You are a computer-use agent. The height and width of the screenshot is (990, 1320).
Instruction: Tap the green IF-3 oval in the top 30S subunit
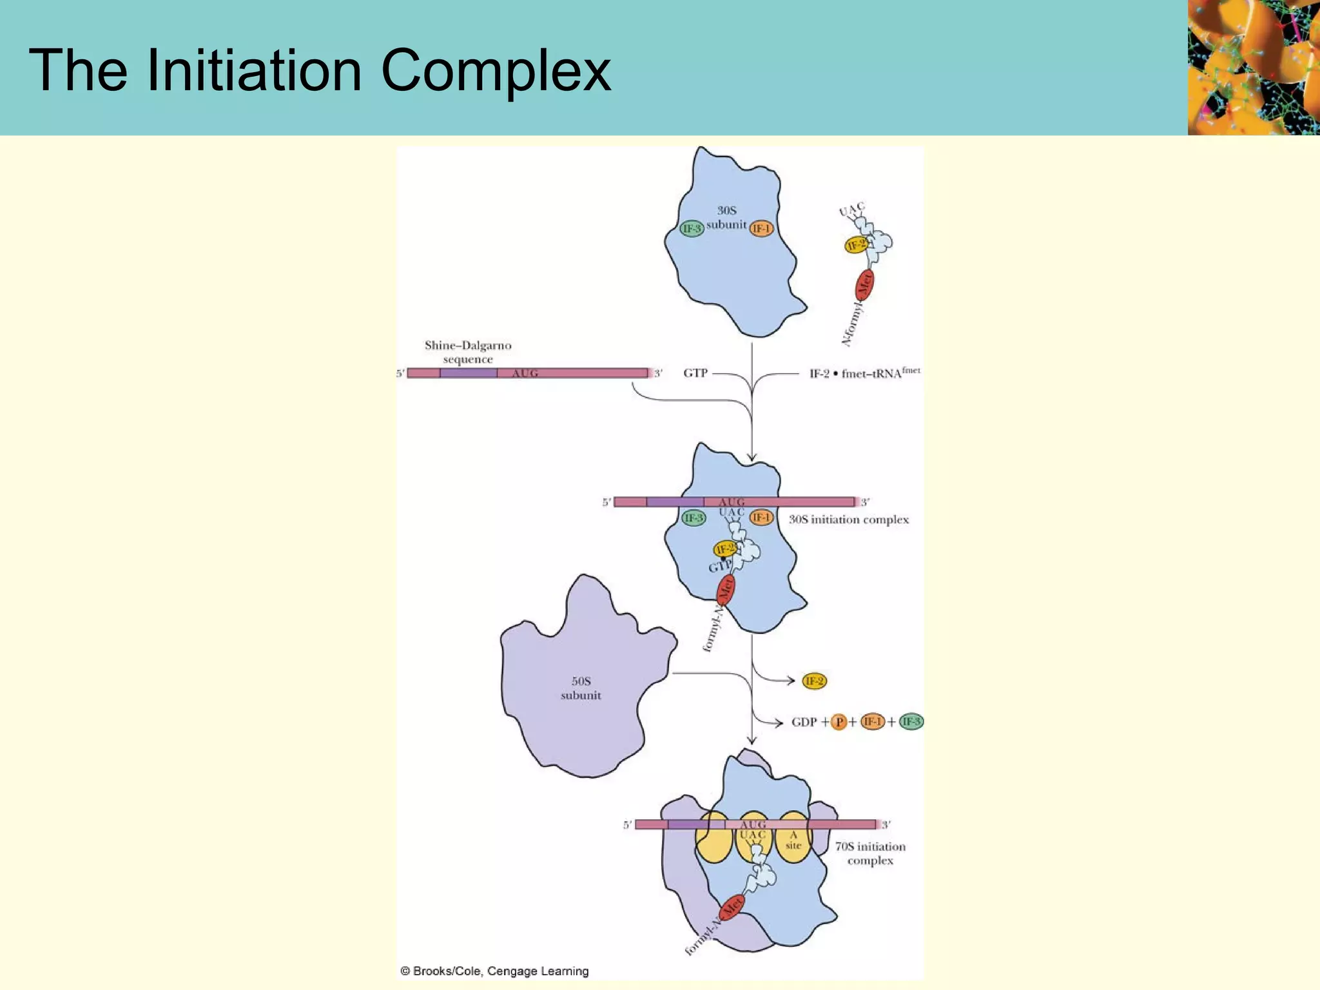coord(692,228)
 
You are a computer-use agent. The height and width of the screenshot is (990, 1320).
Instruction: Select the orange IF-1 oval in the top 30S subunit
coord(761,228)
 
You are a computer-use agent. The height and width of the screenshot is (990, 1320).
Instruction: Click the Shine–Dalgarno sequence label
coord(468,352)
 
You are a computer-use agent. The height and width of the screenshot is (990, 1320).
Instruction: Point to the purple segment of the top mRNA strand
coord(469,373)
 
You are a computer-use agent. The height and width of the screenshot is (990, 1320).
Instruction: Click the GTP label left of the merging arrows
coord(695,373)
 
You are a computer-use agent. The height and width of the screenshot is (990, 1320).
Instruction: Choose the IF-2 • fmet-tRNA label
coord(864,373)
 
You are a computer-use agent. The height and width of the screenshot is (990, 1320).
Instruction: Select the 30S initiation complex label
coord(848,519)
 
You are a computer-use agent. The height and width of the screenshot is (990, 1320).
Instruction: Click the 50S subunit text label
coord(581,688)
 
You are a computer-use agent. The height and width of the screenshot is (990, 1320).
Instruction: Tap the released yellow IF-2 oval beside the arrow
coord(814,681)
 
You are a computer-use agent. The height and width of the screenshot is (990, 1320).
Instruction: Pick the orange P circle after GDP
coord(839,722)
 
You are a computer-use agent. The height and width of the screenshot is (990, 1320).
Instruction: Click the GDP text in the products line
coord(804,722)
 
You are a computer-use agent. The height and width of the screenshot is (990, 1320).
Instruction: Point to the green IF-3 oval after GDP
coord(911,722)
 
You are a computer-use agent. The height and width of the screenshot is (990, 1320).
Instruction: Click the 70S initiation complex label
coord(870,853)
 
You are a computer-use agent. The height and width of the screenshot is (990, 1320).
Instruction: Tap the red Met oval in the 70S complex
coord(732,907)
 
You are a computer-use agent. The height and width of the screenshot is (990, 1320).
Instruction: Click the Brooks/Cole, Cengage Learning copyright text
coord(495,971)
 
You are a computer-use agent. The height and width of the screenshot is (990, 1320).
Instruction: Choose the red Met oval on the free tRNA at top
coord(864,285)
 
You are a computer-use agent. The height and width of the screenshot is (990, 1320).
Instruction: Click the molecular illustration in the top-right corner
coord(1254,67)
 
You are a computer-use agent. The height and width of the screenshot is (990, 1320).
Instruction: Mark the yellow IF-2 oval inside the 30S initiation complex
coord(725,548)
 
